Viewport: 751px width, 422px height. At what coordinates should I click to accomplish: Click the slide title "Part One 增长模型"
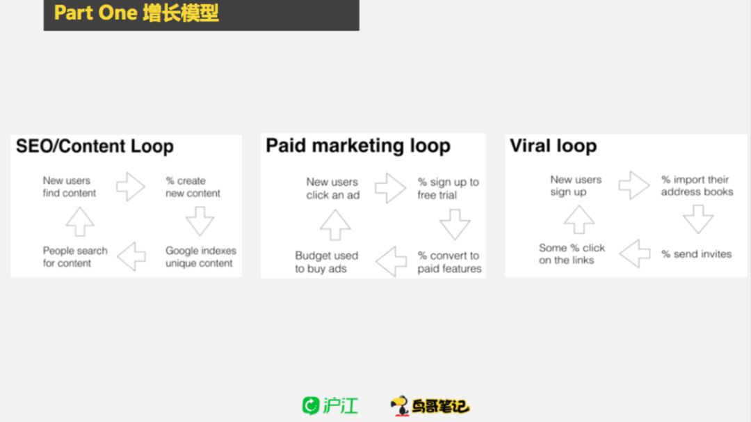point(136,13)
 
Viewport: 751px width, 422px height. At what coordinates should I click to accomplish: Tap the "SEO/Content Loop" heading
point(95,146)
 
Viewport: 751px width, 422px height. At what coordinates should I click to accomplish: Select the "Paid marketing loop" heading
point(358,146)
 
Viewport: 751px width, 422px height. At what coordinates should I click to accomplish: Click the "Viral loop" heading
point(553,146)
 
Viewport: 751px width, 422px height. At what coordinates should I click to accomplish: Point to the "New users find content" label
point(69,187)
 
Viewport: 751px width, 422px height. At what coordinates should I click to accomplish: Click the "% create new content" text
point(193,187)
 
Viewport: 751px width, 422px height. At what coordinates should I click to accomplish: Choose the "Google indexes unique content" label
point(200,257)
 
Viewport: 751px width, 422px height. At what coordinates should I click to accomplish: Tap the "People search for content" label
point(75,257)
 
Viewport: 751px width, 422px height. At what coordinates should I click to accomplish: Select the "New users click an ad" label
point(332,189)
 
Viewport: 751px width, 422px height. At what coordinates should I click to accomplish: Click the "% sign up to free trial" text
point(448,189)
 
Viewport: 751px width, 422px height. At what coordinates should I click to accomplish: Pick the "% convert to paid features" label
point(449,262)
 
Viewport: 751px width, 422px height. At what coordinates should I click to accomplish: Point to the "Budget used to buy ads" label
point(326,262)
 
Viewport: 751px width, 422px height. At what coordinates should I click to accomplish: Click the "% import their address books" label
point(697,185)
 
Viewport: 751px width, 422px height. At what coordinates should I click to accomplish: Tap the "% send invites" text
point(696,254)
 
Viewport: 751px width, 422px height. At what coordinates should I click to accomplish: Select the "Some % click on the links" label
point(572,254)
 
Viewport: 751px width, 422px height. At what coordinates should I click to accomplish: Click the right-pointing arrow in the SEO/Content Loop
point(131,187)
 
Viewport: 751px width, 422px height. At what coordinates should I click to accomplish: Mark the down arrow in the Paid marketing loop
point(455,224)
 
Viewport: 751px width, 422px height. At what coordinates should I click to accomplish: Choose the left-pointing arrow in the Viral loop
point(634,253)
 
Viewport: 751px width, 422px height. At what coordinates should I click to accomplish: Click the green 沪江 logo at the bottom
point(330,406)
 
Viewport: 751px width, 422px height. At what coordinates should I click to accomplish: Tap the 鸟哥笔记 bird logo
point(430,406)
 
